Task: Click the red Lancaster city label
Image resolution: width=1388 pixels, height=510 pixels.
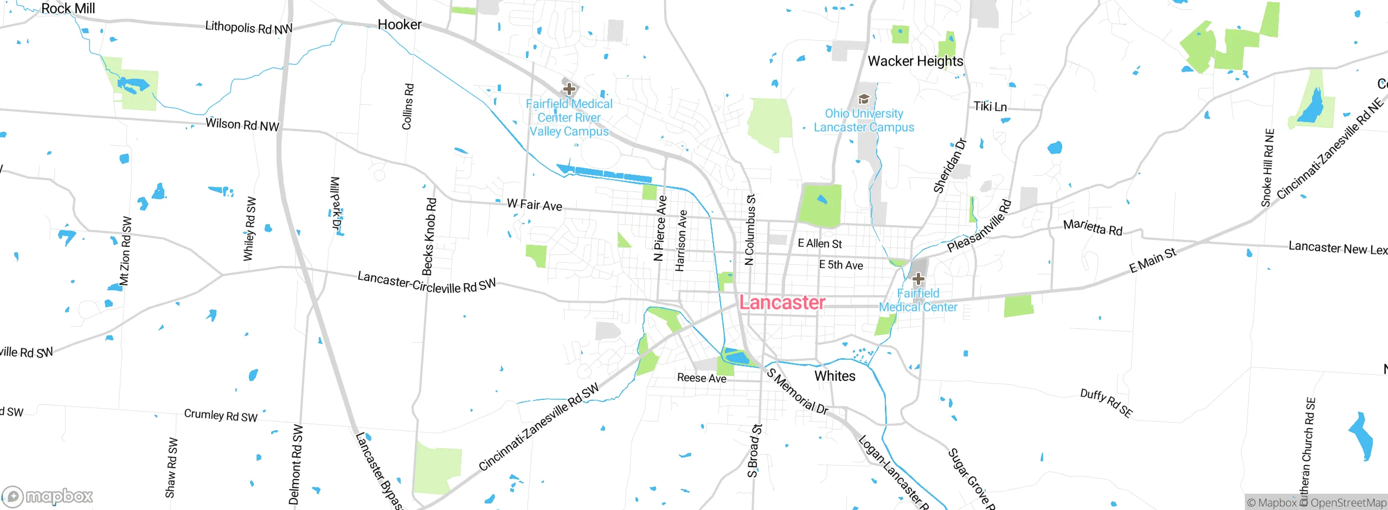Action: pyautogui.click(x=782, y=303)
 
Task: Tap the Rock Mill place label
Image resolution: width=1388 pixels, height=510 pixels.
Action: pyautogui.click(x=68, y=9)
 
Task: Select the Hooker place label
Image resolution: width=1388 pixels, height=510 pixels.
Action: pyautogui.click(x=400, y=24)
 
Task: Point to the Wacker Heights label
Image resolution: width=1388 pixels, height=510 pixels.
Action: pyautogui.click(x=915, y=61)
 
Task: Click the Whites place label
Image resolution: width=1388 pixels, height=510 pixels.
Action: pyautogui.click(x=834, y=376)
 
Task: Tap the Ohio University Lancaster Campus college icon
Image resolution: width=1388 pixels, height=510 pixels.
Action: pyautogui.click(x=864, y=99)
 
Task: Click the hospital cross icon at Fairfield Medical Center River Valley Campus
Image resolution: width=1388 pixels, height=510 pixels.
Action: pyautogui.click(x=569, y=88)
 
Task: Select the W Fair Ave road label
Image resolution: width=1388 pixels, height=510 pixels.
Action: pyautogui.click(x=534, y=205)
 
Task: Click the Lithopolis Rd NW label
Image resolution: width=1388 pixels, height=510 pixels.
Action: pyautogui.click(x=248, y=28)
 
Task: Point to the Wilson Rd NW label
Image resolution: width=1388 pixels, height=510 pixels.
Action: pyautogui.click(x=242, y=125)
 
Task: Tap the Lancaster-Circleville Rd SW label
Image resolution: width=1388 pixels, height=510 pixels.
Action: pyautogui.click(x=426, y=283)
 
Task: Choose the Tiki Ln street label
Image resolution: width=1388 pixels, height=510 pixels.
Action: pyautogui.click(x=989, y=106)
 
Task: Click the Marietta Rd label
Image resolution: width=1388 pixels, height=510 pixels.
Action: pyautogui.click(x=1092, y=227)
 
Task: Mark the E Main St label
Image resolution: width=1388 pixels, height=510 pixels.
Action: pyautogui.click(x=1152, y=260)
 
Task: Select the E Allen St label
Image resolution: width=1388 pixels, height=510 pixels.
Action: pyautogui.click(x=819, y=244)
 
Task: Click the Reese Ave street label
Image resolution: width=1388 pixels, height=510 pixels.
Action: pyautogui.click(x=701, y=378)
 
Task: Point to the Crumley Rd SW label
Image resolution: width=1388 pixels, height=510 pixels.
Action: pyautogui.click(x=220, y=416)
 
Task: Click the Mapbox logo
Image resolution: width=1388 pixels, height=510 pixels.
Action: pyautogui.click(x=47, y=496)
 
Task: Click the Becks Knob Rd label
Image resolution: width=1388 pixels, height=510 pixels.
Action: pyautogui.click(x=429, y=237)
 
